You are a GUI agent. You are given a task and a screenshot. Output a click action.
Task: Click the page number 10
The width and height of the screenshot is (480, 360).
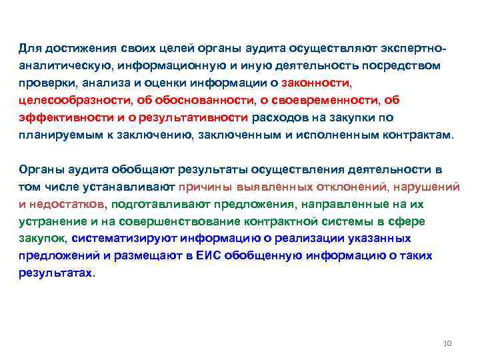coord(447,343)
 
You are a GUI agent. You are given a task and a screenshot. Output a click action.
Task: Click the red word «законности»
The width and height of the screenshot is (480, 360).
coord(315,83)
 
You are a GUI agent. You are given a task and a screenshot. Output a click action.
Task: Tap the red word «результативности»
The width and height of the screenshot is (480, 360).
coord(198,117)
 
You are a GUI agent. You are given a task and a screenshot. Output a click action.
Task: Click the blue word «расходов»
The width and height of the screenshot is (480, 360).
coord(282,117)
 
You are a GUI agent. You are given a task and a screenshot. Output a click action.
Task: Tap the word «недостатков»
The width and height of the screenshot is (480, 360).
coord(71,204)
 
